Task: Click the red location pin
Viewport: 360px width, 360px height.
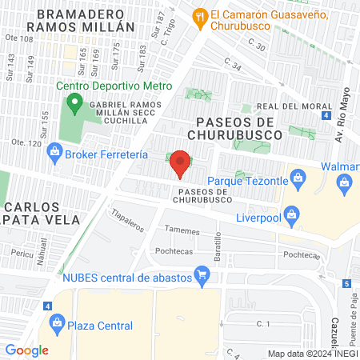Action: pyautogui.click(x=181, y=163)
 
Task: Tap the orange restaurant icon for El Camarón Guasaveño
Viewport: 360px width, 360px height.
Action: pyautogui.click(x=200, y=15)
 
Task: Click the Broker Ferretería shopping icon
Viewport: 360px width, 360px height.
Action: pyautogui.click(x=55, y=150)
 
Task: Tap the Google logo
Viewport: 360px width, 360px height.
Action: pyautogui.click(x=26, y=350)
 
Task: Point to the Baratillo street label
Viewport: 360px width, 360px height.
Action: pyautogui.click(x=217, y=243)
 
